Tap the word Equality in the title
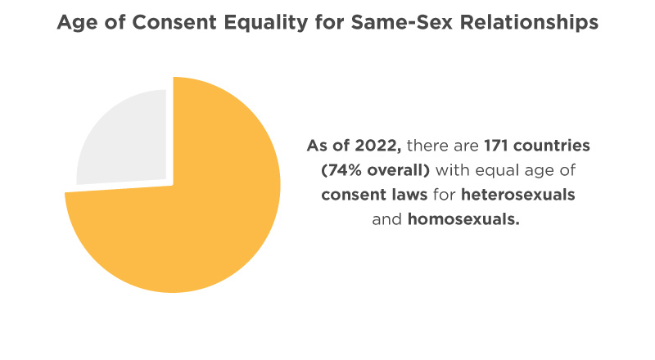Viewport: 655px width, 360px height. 266,23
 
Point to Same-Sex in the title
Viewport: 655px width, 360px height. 402,22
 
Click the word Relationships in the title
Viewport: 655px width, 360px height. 529,23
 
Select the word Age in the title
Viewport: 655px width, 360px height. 77,24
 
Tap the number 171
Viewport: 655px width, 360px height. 496,146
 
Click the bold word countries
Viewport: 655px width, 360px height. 551,146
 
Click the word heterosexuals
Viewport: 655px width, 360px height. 518,195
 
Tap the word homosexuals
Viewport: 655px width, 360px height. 463,219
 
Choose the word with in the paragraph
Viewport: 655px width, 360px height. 453,170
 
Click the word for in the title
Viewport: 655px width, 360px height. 330,22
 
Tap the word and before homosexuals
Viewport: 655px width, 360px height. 386,219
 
